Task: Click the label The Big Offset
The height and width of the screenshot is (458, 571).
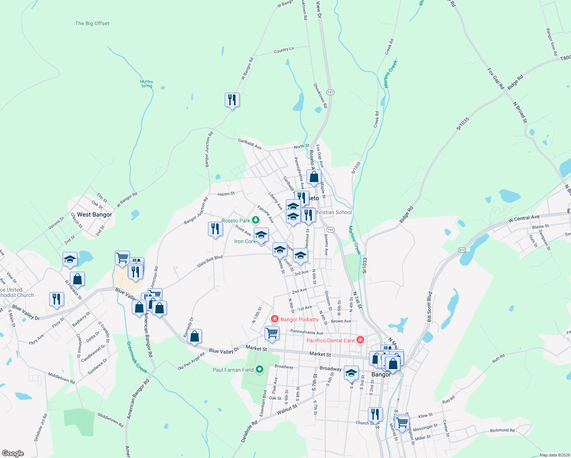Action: tap(92, 23)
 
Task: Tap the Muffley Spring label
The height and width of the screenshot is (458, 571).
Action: tap(147, 84)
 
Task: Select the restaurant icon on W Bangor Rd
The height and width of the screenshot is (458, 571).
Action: tap(232, 100)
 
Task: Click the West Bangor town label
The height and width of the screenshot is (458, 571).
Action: tap(95, 214)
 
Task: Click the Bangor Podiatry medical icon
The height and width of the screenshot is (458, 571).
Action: tap(274, 319)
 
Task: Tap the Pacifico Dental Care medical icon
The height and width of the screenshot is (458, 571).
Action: tap(360, 340)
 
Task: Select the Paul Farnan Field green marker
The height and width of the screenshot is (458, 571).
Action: tap(260, 369)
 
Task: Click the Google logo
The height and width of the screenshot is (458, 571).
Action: tap(13, 453)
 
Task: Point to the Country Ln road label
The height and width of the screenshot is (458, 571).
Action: tap(284, 50)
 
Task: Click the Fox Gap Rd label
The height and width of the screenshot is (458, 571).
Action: tap(496, 79)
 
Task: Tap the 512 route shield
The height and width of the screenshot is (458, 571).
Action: tap(462, 250)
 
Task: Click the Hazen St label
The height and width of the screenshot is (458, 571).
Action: tap(226, 194)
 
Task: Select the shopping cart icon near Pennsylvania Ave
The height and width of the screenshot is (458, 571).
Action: tap(272, 332)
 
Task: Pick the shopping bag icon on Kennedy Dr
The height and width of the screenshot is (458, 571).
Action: tap(194, 336)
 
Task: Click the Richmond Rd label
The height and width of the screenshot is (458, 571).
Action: tap(502, 430)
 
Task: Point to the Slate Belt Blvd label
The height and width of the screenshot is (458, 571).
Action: tap(210, 261)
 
